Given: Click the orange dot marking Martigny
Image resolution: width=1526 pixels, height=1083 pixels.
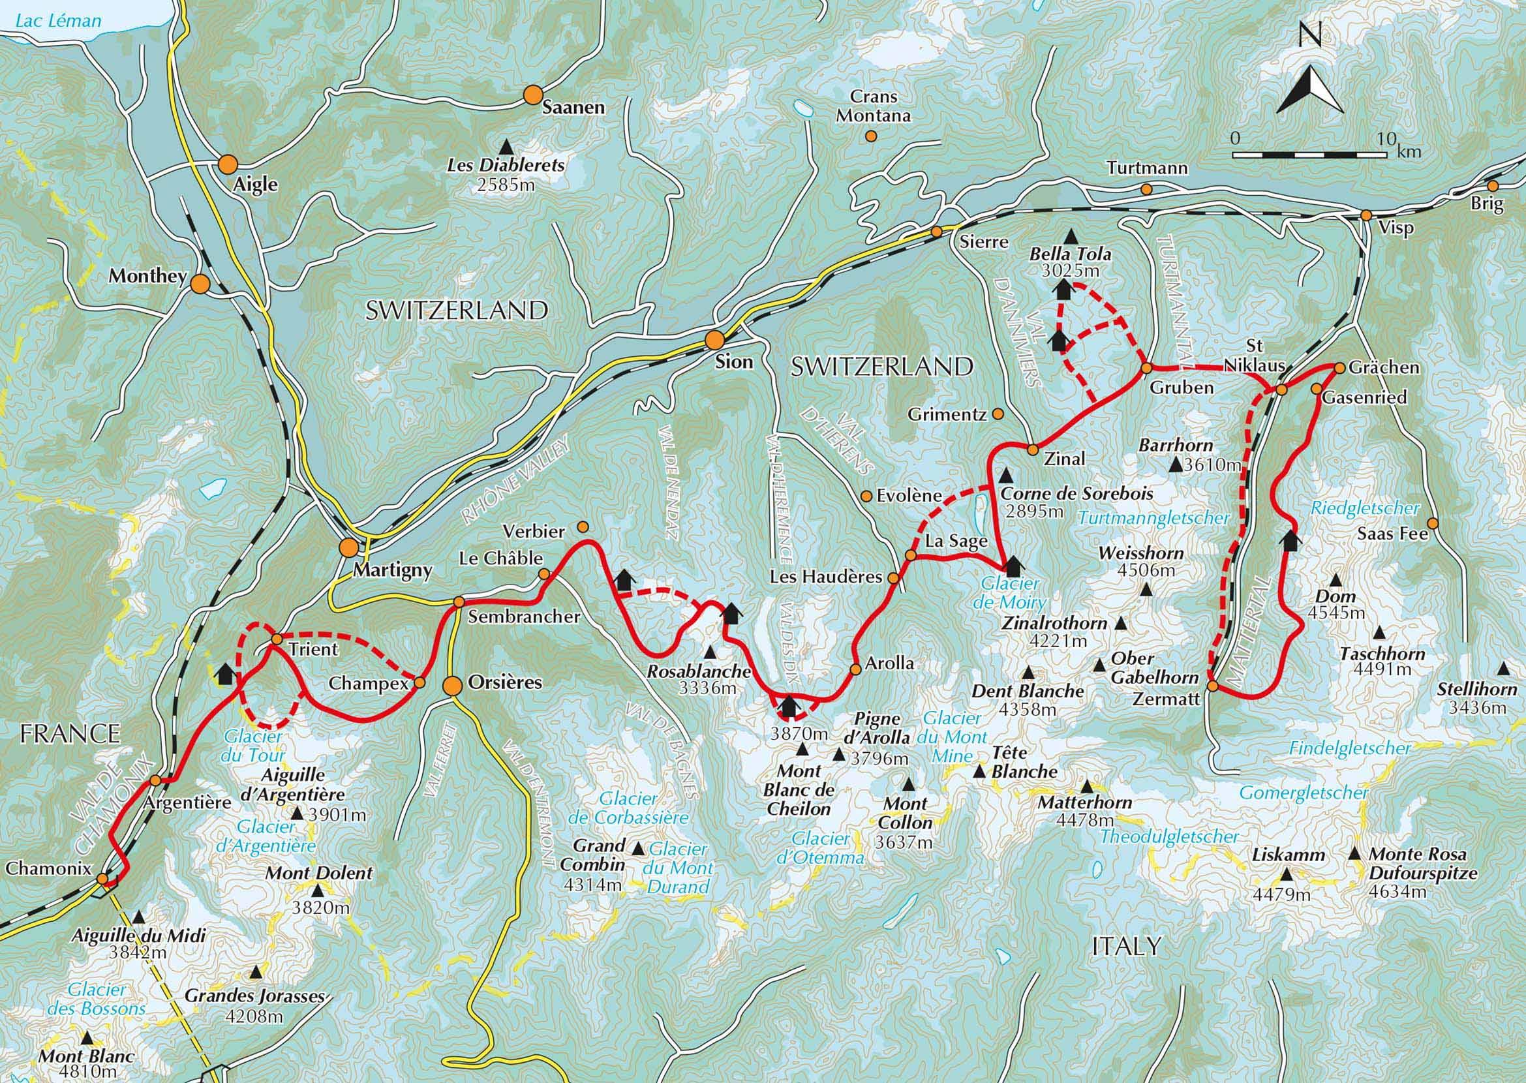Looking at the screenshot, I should click(348, 547).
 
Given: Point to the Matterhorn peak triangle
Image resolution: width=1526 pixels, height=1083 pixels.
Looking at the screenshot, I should click(1087, 785).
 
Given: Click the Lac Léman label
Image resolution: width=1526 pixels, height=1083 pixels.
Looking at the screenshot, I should click(58, 20).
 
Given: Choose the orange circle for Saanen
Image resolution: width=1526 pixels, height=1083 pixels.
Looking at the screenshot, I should click(532, 95).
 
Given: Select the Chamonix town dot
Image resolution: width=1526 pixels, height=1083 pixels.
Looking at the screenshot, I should click(101, 879).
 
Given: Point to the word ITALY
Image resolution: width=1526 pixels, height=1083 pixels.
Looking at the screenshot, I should click(1127, 945).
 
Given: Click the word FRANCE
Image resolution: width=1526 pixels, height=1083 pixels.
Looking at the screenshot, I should click(69, 733).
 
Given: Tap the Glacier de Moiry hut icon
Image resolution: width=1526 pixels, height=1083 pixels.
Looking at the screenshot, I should click(1013, 566).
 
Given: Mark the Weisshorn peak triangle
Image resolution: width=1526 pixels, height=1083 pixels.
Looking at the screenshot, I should click(1146, 590).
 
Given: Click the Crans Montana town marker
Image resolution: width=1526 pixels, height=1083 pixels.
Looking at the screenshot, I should click(870, 136).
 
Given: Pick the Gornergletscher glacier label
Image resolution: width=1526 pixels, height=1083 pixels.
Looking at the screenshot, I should click(1304, 793).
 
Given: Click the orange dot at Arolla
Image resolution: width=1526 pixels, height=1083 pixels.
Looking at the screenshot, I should click(856, 669).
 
